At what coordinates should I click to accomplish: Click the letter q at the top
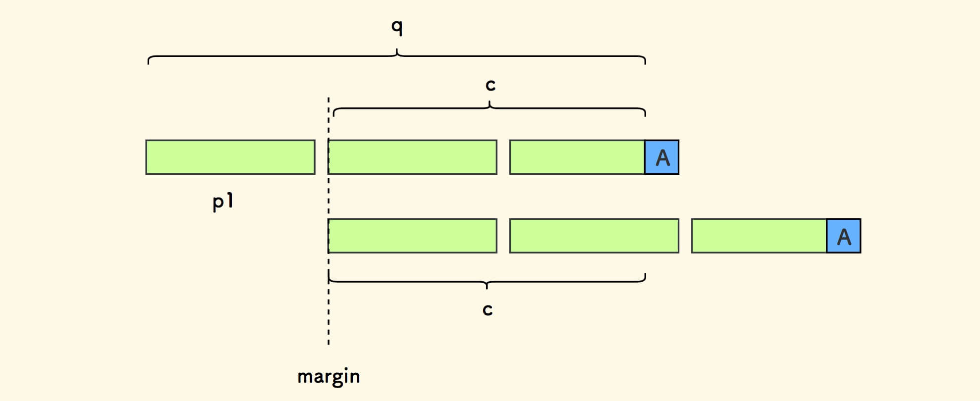397,27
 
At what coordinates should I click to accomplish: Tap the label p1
223,202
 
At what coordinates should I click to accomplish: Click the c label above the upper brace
490,85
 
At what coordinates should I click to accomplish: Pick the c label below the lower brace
488,310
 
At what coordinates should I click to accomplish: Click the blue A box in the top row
662,157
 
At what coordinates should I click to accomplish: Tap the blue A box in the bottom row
844,236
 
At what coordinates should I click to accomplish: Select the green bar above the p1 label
230,157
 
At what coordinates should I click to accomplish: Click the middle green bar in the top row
413,157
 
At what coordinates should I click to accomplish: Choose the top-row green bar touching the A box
577,157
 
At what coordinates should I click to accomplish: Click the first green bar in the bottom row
413,236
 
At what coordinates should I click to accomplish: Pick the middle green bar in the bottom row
594,236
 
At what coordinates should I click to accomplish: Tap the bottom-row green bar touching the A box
759,236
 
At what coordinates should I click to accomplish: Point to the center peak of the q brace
397,50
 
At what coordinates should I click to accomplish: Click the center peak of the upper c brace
490,102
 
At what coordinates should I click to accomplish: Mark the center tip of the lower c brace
487,288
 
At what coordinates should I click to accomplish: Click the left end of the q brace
149,63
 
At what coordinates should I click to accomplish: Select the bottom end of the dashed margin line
328,344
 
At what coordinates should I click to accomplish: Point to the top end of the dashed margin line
328,98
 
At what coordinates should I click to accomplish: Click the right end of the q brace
645,63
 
